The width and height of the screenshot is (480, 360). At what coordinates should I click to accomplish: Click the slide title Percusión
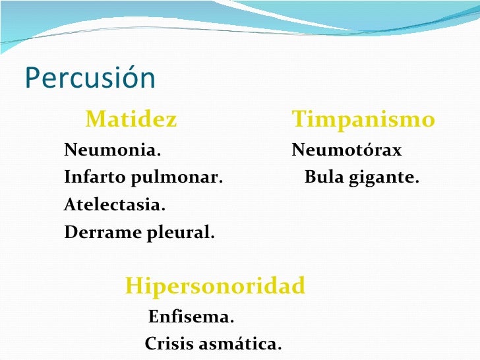tap(90, 78)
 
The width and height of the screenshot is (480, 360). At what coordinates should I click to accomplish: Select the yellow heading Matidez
tap(131, 120)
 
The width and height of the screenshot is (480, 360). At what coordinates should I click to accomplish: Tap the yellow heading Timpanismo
tap(363, 120)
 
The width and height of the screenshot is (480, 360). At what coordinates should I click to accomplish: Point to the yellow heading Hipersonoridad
tap(215, 286)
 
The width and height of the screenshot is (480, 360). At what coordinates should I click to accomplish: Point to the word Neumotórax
tap(346, 151)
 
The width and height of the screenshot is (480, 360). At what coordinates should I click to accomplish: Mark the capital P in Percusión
tap(32, 78)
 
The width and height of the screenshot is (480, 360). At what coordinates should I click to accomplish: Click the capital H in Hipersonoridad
tap(133, 286)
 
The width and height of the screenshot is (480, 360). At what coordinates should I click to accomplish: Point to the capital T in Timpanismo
tap(298, 120)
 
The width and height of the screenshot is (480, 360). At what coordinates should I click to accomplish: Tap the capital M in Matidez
tap(96, 120)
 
